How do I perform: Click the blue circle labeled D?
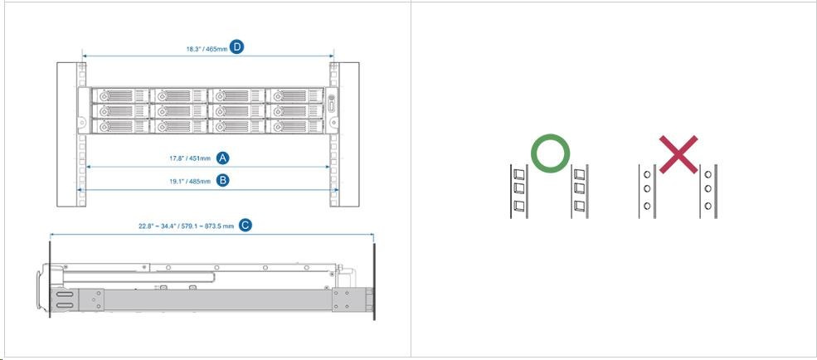point(237,47)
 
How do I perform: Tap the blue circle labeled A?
point(223,158)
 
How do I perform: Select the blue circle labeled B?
point(222,180)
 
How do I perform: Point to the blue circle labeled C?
point(245,225)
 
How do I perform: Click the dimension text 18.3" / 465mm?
point(207,49)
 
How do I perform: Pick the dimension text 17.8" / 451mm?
point(190,158)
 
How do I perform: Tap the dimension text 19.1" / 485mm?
point(190,182)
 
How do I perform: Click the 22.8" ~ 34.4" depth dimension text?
point(186,226)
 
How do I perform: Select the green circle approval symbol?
point(550,153)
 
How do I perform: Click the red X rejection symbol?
point(678,154)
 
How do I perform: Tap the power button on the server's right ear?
point(331,105)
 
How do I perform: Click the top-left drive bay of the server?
point(120,95)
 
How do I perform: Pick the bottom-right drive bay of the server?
point(295,126)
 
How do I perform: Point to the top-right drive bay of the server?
point(295,95)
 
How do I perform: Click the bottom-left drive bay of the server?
point(120,126)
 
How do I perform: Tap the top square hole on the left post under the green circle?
point(519,173)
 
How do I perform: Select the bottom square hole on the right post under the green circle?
point(579,206)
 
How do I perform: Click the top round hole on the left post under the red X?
point(647,174)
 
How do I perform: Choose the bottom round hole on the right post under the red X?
point(708,206)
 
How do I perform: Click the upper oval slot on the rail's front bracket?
point(64,295)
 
